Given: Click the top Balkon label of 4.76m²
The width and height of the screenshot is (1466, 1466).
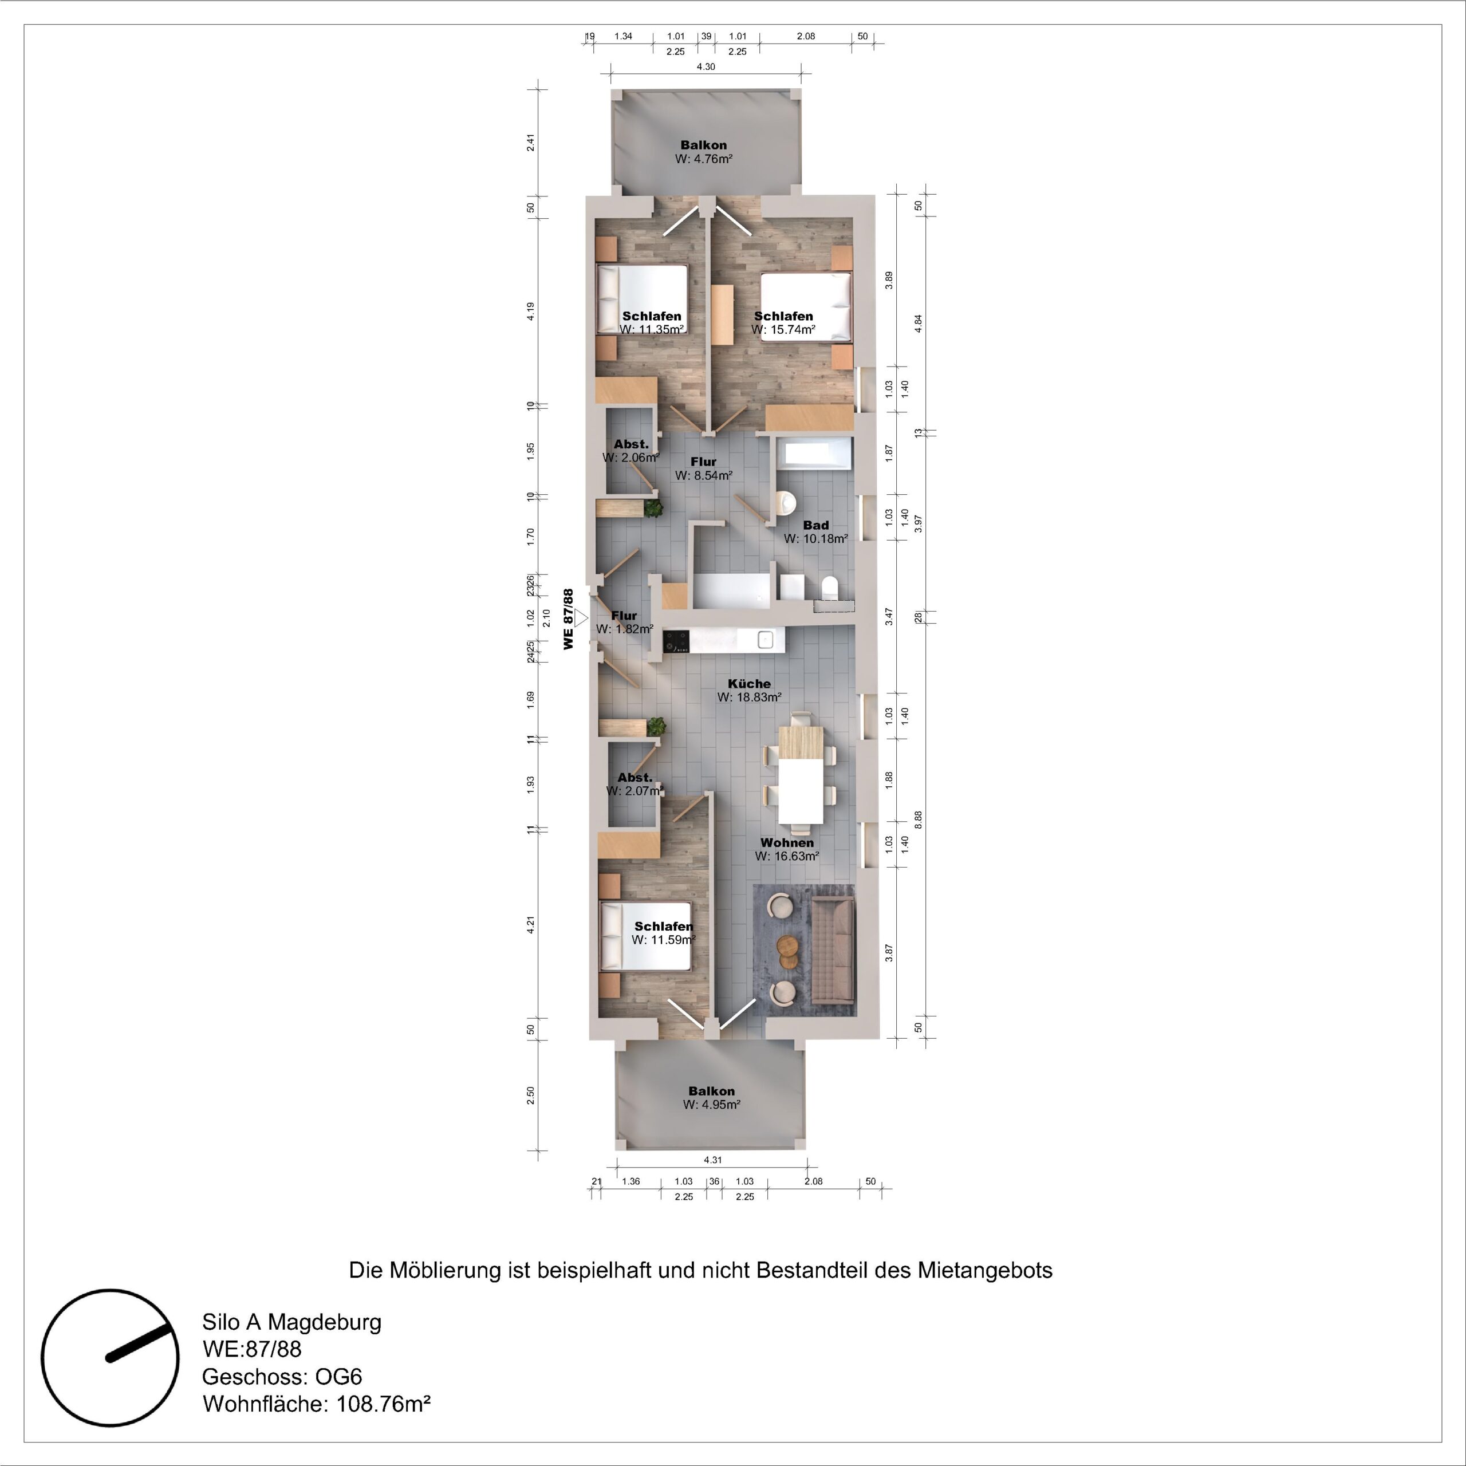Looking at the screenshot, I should pos(703,145).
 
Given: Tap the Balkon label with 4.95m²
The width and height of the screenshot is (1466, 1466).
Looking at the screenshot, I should pos(711,1091).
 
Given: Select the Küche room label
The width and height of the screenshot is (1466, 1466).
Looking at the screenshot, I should pos(748,684).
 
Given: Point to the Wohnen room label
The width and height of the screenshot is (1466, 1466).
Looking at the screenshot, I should pos(787,842).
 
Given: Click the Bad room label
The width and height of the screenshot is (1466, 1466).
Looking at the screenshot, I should pos(815,525).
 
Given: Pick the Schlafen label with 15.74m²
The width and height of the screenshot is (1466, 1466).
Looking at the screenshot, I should pos(783,316).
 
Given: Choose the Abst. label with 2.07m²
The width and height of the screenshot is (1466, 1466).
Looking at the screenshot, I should pos(635,778).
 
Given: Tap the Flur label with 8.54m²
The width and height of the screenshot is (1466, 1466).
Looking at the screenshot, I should pos(703,462).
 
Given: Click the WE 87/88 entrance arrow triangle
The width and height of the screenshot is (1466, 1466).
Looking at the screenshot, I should pos(581,618).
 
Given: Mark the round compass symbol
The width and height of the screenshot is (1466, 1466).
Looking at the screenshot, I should pos(110,1358).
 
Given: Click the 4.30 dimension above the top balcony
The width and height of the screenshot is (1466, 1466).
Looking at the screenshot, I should pos(706,67).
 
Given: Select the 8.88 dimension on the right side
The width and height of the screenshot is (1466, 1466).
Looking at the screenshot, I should pos(918,819).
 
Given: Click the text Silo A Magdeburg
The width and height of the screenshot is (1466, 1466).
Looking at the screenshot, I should pos(291,1322).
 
